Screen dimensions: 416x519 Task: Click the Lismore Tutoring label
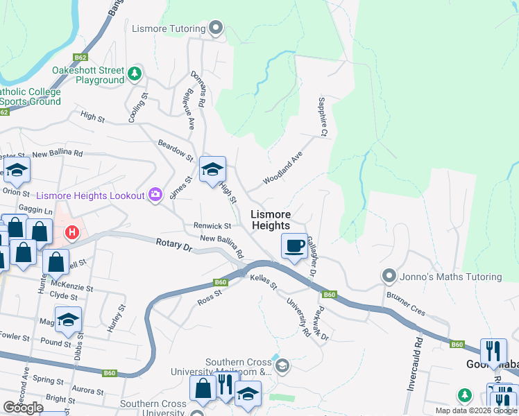[x=169, y=28]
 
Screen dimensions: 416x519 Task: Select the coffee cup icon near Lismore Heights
[x=294, y=245]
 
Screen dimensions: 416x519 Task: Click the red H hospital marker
[x=70, y=232]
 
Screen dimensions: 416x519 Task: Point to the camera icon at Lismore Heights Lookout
[x=155, y=196]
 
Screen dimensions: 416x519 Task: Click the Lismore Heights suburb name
[x=271, y=220]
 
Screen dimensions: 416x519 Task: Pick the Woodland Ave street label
[x=282, y=169]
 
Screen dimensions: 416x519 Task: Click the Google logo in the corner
[x=23, y=408]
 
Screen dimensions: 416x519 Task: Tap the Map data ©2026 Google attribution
[x=476, y=410]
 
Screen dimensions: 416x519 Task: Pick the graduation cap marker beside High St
[x=212, y=169]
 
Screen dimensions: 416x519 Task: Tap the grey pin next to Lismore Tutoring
[x=215, y=28]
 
